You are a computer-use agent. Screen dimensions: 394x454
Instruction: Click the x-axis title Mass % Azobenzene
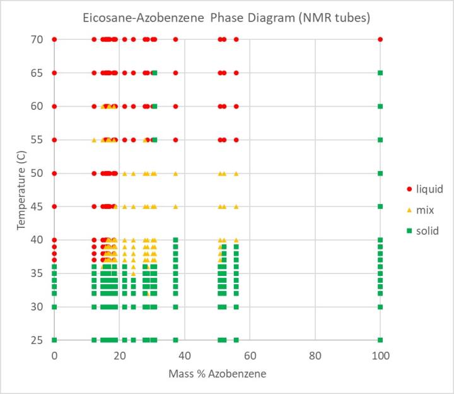217,374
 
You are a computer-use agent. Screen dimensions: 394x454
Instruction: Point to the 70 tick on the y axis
35,39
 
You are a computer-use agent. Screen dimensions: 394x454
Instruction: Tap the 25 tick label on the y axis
35,340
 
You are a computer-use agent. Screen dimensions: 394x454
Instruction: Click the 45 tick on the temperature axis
35,206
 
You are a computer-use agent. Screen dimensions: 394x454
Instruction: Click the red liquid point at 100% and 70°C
380,39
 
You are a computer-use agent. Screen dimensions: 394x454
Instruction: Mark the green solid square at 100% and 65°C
380,73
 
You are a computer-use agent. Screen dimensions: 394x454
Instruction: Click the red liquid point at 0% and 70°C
54,39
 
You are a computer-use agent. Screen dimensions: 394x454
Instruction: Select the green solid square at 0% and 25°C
54,340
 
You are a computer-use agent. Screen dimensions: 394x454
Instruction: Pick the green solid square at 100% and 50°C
380,173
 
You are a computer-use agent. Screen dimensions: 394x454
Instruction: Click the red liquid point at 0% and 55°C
54,140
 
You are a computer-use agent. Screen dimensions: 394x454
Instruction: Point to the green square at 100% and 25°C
380,340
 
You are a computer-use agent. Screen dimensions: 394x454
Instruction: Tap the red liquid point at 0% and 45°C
54,206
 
